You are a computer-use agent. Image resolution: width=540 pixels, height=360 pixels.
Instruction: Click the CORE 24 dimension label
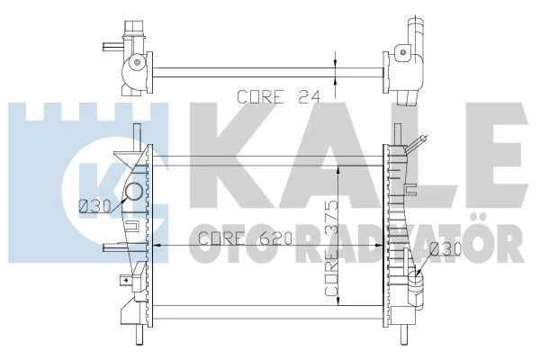(x=279, y=97)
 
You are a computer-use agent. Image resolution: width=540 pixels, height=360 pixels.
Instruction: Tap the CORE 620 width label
(x=246, y=238)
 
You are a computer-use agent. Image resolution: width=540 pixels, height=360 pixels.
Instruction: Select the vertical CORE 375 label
(x=331, y=247)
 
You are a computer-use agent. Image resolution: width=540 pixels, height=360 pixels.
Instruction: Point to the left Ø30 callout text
(x=94, y=206)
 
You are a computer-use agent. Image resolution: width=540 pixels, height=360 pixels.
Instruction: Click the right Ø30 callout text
(x=445, y=248)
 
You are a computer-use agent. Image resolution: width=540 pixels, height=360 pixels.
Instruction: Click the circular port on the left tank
(x=133, y=192)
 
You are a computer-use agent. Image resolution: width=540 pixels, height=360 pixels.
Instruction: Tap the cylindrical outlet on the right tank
(x=417, y=290)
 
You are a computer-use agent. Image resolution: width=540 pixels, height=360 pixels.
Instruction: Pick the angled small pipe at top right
(x=417, y=144)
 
